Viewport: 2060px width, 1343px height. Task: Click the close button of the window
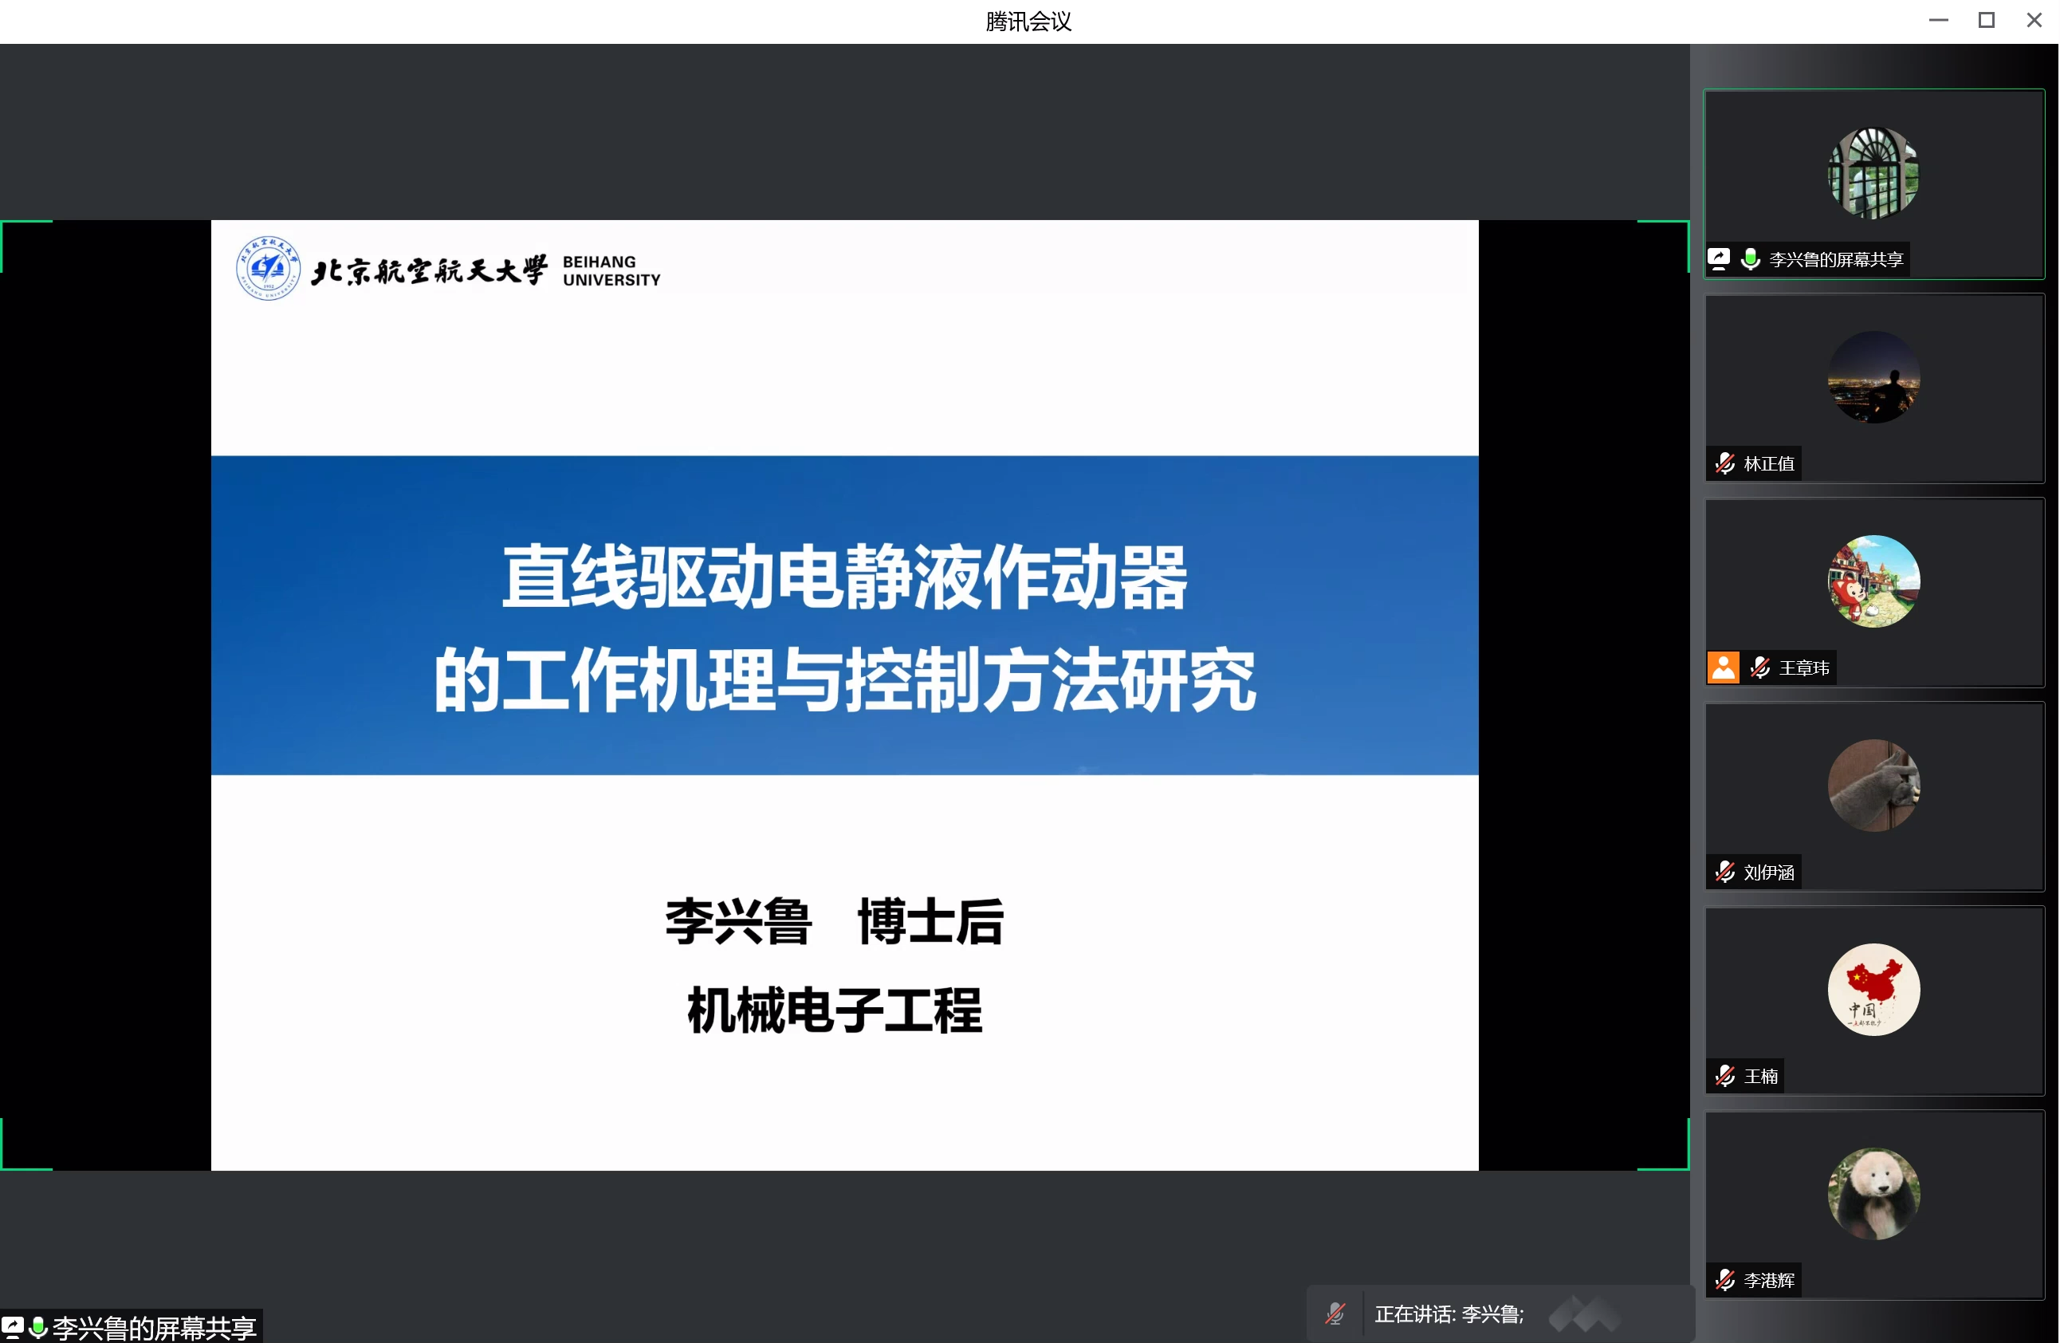(2034, 20)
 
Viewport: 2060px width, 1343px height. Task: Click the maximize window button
(1987, 20)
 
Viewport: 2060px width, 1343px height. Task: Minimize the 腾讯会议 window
(1939, 20)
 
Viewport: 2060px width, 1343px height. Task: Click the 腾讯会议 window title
(1028, 21)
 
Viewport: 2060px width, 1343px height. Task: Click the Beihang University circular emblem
(269, 267)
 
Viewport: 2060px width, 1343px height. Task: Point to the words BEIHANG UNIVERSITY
(611, 271)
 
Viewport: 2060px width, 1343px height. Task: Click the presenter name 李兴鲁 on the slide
(738, 921)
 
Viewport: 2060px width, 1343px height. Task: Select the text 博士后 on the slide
(930, 921)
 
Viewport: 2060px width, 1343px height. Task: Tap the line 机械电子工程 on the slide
(835, 1010)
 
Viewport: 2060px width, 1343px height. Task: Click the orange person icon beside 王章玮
(1724, 668)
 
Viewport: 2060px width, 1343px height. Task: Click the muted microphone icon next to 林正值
(1725, 463)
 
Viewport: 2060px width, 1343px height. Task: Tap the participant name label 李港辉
(1768, 1281)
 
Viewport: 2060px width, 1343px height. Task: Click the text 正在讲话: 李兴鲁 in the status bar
(1449, 1314)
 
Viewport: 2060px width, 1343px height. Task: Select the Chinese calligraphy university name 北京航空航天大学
(430, 270)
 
